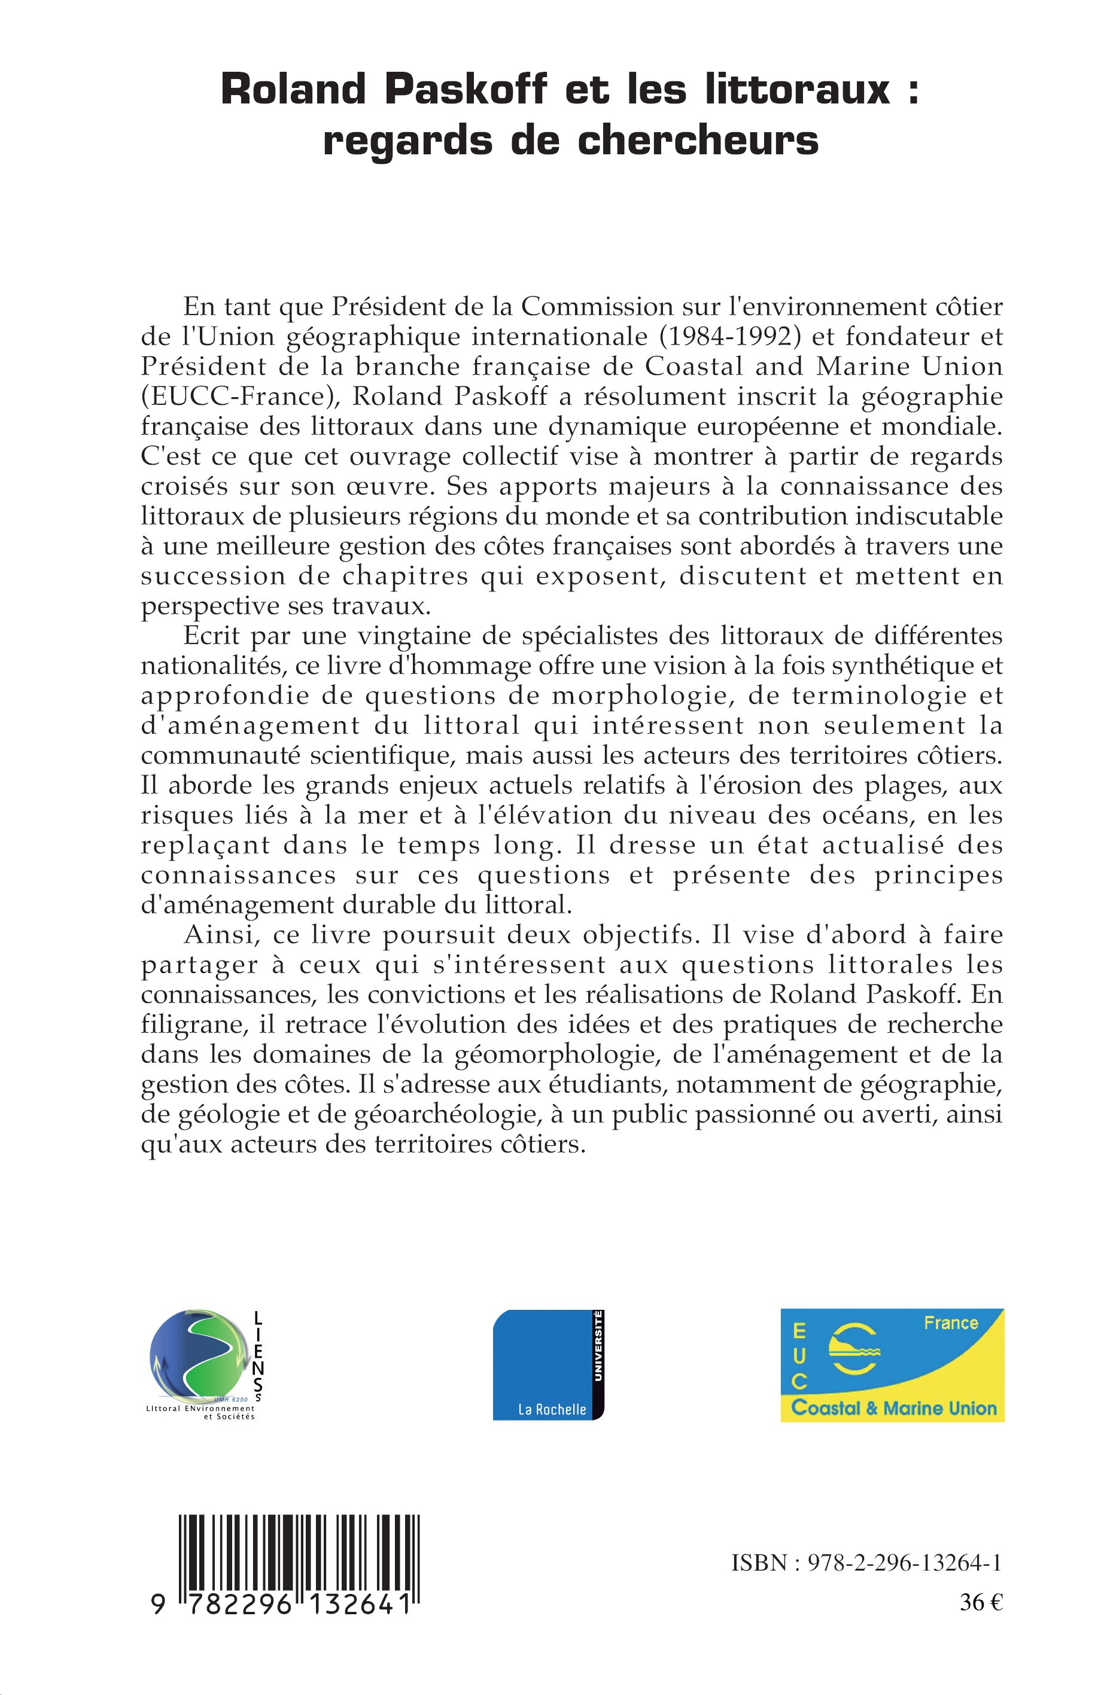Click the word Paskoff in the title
coord(466,90)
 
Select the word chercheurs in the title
coord(698,141)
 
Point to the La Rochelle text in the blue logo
coord(552,1409)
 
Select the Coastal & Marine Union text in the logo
coord(894,1408)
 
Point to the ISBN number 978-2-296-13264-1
coord(905,1563)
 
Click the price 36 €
coord(981,1603)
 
